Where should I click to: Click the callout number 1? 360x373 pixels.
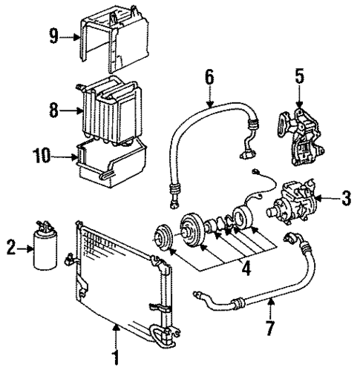point(115,359)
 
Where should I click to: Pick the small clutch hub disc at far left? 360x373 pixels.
point(160,238)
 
